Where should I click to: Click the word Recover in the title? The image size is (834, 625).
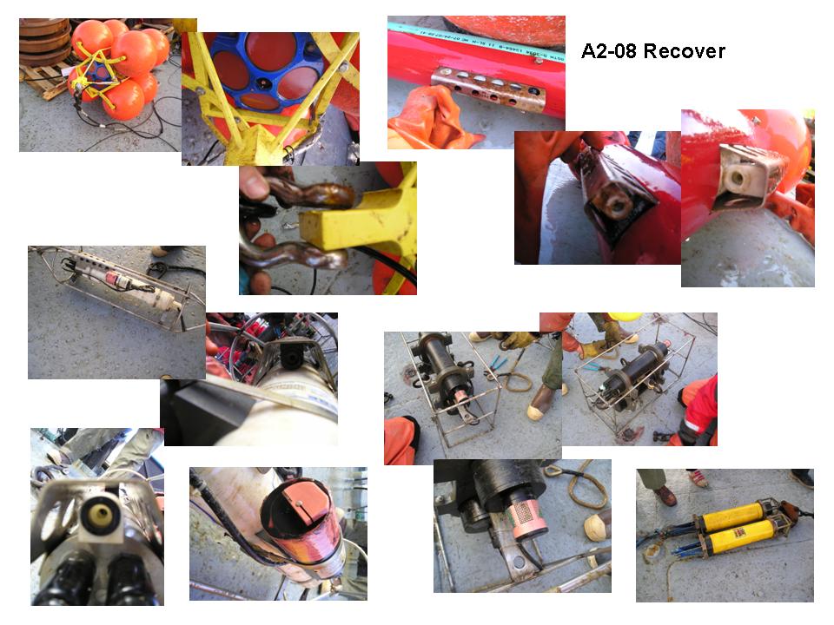click(x=684, y=51)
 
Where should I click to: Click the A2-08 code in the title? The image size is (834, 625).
click(x=610, y=51)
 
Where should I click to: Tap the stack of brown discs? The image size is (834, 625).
click(x=44, y=41)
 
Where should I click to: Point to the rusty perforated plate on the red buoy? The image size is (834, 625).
click(x=487, y=87)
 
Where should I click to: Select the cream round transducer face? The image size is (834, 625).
click(x=99, y=514)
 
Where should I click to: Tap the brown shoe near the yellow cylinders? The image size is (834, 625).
click(x=665, y=496)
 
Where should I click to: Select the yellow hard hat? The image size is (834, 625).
click(x=625, y=317)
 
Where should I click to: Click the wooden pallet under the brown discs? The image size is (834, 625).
click(x=45, y=80)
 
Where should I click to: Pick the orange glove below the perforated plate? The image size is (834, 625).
click(x=432, y=120)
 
